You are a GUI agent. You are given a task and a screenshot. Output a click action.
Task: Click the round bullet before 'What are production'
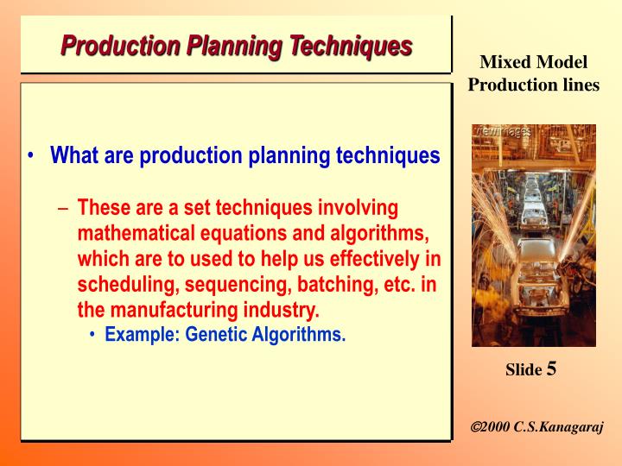pos(32,156)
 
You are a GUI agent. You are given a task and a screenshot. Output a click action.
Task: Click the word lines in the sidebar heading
pos(580,85)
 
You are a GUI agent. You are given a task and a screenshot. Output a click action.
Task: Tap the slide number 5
pos(551,369)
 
